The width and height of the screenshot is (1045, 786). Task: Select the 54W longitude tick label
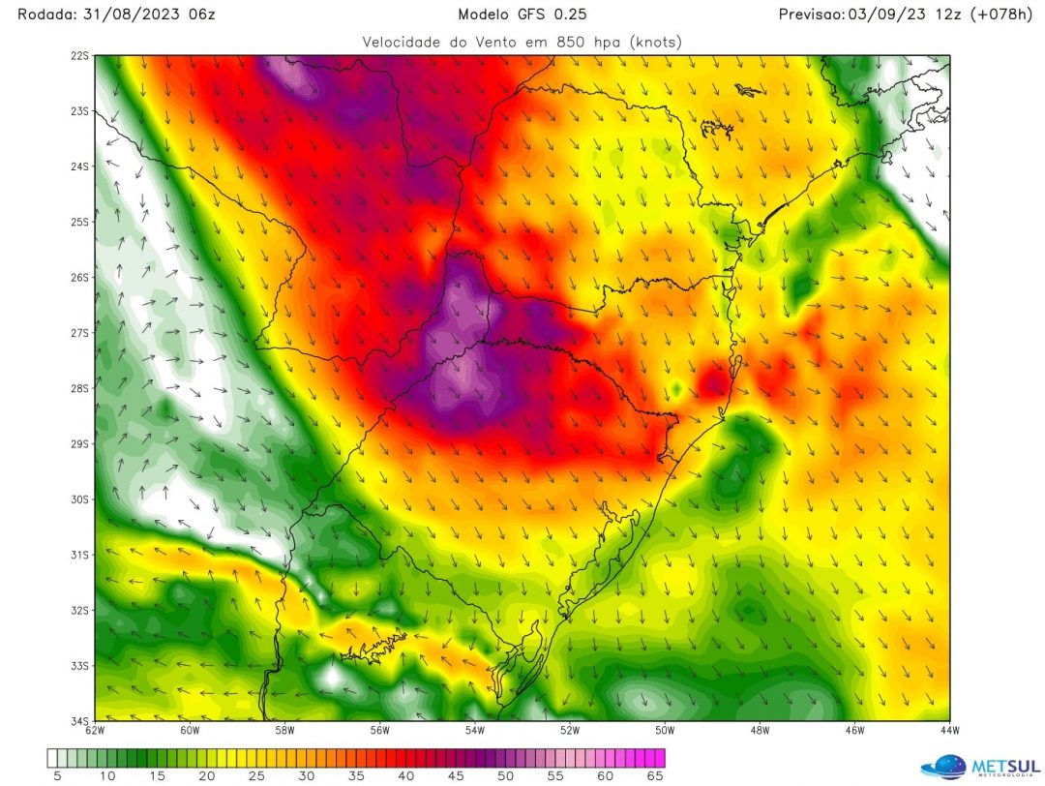(474, 730)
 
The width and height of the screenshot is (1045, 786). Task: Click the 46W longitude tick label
(854, 730)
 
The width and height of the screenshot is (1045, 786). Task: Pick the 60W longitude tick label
(190, 730)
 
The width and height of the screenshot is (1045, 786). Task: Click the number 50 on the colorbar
(505, 775)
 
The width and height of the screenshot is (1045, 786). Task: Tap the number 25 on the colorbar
(256, 775)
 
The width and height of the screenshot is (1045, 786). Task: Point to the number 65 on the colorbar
(654, 775)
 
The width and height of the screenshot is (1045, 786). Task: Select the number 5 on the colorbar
(58, 775)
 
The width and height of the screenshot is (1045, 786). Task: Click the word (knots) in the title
(654, 42)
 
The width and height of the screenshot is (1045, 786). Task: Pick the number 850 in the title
(569, 42)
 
